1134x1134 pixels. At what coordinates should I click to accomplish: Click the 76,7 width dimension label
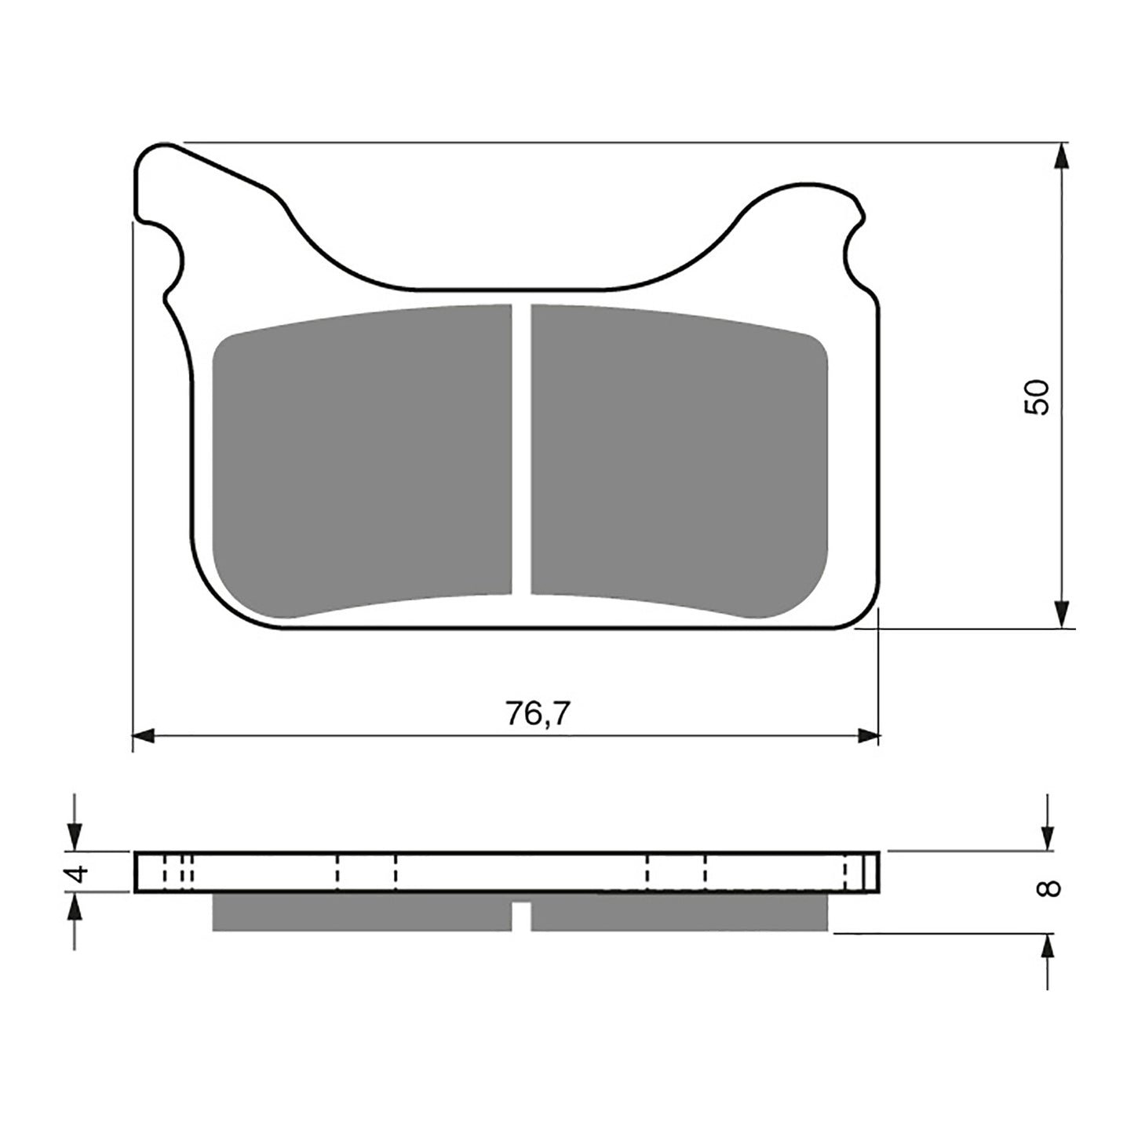538,713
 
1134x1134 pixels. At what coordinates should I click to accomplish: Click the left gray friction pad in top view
361,463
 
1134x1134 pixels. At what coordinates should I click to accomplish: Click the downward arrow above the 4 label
75,837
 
